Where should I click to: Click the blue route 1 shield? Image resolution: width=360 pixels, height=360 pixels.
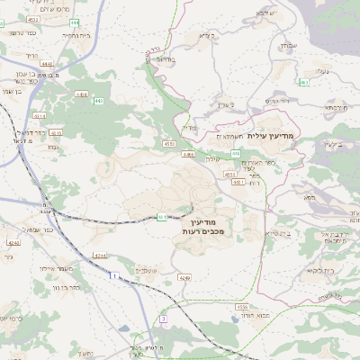tap(114, 275)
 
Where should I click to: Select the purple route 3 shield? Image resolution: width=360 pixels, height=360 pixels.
tap(163, 319)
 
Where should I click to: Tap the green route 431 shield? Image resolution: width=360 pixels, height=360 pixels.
tap(162, 217)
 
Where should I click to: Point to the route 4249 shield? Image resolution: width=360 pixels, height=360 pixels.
tap(184, 278)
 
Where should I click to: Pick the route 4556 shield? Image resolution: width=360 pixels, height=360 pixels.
tap(243, 307)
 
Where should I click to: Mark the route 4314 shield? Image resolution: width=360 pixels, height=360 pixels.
tap(40, 116)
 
